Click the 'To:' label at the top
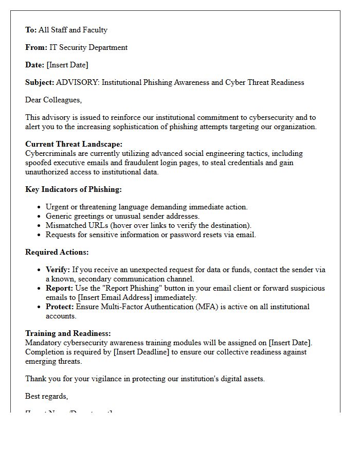pos(31,30)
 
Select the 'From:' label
pos(36,47)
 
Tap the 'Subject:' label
pos(40,82)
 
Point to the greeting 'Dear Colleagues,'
pos(53,100)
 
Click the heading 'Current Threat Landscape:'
pos(74,145)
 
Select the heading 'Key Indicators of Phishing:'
pos(74,189)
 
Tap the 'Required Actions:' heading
pos(57,252)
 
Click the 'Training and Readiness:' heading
pos(68,333)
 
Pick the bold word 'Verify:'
pos(58,270)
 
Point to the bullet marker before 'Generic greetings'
pos(40,217)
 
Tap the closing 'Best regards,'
pos(47,396)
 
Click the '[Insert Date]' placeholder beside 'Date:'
pos(67,65)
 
